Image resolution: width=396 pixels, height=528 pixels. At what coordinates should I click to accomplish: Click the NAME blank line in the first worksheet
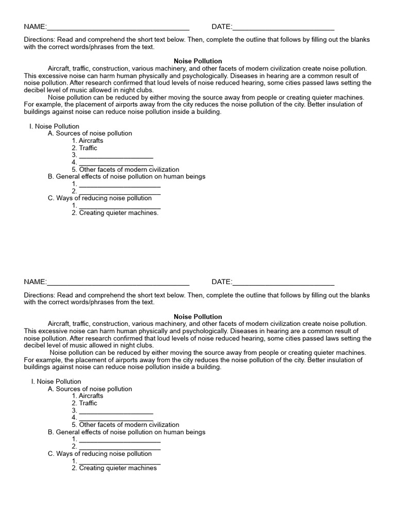pyautogui.click(x=118, y=28)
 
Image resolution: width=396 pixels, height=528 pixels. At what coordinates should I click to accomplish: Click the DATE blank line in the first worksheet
pyautogui.click(x=283, y=28)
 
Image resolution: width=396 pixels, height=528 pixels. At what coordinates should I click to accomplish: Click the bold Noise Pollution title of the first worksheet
pyautogui.click(x=198, y=61)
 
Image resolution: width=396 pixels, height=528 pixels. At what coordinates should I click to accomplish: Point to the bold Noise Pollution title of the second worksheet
pyautogui.click(x=198, y=317)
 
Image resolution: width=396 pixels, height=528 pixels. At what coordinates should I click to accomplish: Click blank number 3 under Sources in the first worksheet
pyautogui.click(x=116, y=156)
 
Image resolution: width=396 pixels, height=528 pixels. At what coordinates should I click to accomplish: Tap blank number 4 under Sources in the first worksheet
pyautogui.click(x=116, y=163)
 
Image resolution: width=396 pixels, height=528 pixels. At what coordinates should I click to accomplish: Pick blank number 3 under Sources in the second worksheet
pyautogui.click(x=116, y=411)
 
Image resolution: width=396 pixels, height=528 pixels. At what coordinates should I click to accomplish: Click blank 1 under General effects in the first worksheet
pyautogui.click(x=120, y=184)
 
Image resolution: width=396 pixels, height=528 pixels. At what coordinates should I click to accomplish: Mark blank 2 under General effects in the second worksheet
pyautogui.click(x=120, y=447)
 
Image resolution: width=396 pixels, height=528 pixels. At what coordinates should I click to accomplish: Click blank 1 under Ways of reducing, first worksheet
pyautogui.click(x=120, y=206)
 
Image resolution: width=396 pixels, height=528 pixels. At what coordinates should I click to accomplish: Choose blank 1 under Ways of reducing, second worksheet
pyautogui.click(x=120, y=461)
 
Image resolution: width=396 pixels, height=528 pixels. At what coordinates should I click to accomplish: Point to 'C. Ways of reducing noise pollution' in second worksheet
pyautogui.click(x=100, y=454)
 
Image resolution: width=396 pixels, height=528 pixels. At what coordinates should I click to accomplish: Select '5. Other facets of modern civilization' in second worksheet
pyautogui.click(x=125, y=425)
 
